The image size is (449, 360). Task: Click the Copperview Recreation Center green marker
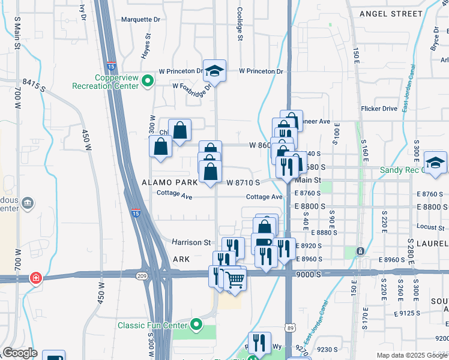click(146, 79)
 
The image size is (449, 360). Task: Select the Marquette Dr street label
click(141, 19)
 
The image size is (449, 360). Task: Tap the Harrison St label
click(191, 242)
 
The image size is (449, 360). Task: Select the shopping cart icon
click(235, 280)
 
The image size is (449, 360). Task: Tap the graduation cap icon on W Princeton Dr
click(214, 71)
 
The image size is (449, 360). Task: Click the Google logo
click(20, 353)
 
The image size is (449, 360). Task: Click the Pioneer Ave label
click(316, 121)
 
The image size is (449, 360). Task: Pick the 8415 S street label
click(34, 85)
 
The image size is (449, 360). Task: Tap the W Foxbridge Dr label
click(193, 85)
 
